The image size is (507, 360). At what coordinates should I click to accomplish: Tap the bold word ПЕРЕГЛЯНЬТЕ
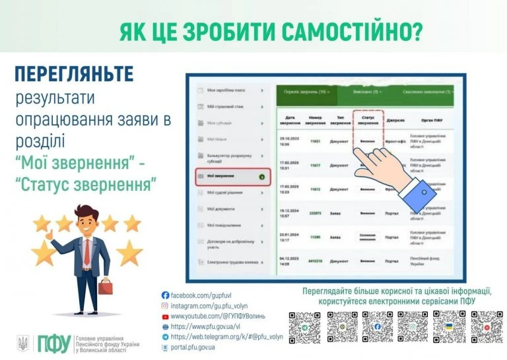point(74,74)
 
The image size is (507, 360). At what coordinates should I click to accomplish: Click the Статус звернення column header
point(368,121)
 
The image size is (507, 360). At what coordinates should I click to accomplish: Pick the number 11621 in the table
point(316,141)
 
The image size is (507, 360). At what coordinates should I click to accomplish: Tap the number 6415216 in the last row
point(316,262)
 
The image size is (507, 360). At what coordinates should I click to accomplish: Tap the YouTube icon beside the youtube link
point(165,316)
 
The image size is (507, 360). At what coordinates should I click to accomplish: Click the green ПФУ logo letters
point(53,342)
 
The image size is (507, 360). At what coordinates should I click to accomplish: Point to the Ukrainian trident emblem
point(22,343)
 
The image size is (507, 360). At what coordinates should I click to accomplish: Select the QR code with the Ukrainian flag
point(450,327)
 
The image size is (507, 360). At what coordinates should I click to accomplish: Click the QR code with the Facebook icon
point(377,327)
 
